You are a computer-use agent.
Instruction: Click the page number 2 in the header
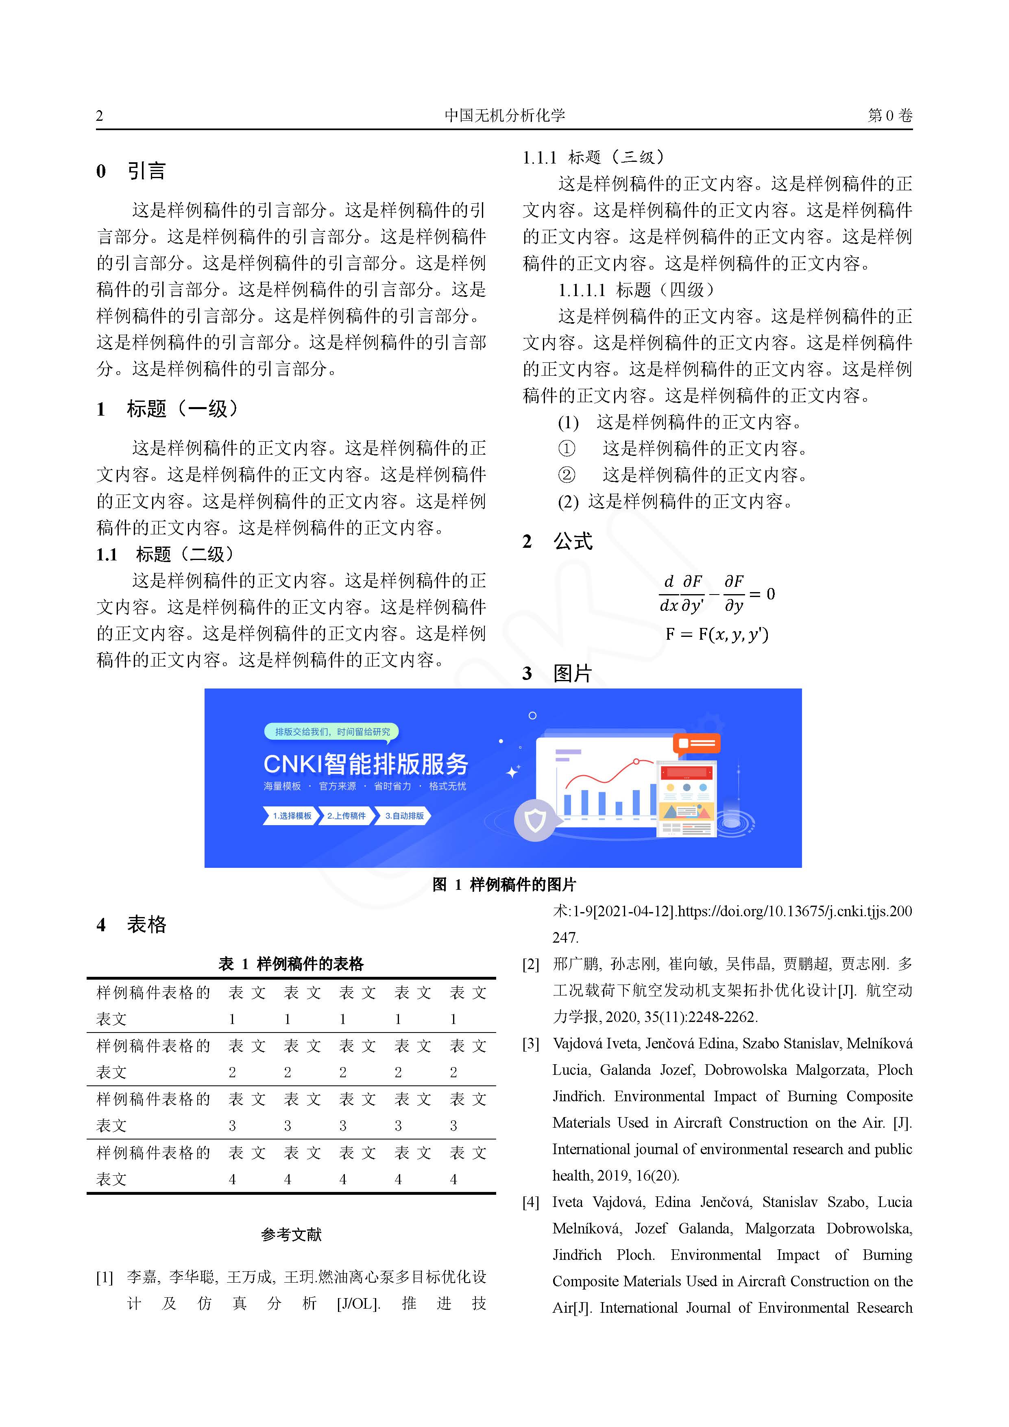click(x=100, y=115)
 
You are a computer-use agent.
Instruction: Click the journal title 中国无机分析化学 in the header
click(x=504, y=115)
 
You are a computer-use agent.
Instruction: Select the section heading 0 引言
click(x=131, y=171)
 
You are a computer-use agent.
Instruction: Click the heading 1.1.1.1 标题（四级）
click(x=636, y=290)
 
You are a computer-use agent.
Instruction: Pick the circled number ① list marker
click(x=567, y=448)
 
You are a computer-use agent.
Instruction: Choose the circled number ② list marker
click(x=567, y=475)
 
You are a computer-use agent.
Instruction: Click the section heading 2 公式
click(x=557, y=541)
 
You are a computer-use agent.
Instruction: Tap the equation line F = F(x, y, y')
click(x=717, y=634)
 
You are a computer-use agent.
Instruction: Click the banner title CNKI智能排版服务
click(x=366, y=764)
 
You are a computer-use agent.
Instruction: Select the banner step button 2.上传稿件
click(x=346, y=815)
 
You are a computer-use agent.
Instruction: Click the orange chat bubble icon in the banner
click(x=696, y=743)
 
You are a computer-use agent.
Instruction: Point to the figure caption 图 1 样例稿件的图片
click(x=504, y=885)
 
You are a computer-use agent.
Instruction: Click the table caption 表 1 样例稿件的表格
click(x=291, y=964)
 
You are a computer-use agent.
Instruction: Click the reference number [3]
click(x=530, y=1044)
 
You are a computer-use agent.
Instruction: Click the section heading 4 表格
click(x=131, y=924)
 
